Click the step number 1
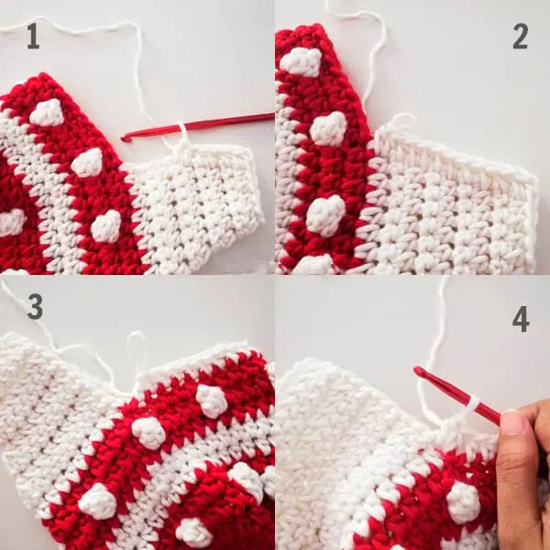(33, 36)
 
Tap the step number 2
(520, 36)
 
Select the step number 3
(35, 306)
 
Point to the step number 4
(521, 319)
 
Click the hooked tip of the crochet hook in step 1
(124, 138)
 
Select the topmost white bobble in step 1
(47, 112)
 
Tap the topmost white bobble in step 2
(301, 62)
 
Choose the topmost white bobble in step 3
(211, 401)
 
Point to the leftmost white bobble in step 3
(97, 501)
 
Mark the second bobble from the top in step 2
(327, 129)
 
